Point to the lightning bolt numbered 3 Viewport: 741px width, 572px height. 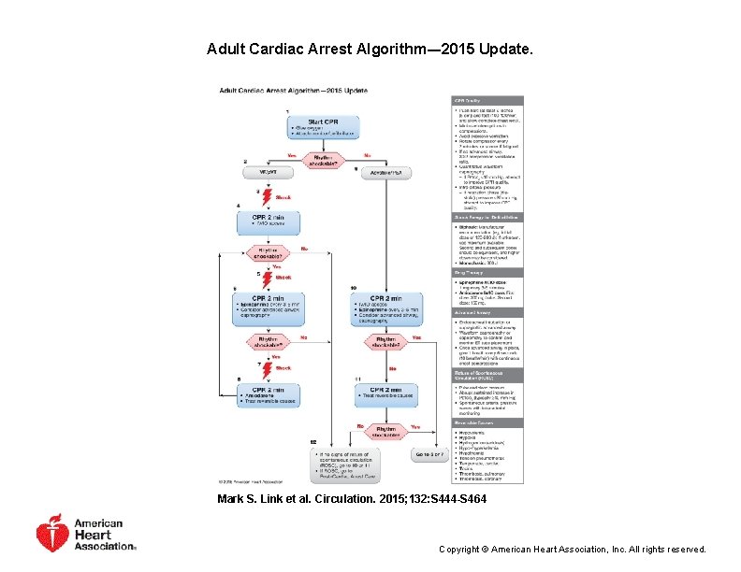tap(266, 196)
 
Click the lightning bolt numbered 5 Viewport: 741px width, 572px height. tap(267, 278)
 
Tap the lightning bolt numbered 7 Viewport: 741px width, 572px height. tap(267, 367)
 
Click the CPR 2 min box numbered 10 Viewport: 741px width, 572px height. tap(384, 307)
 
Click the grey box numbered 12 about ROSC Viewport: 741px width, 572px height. tap(345, 463)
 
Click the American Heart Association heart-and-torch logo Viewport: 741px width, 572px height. tap(52, 533)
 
